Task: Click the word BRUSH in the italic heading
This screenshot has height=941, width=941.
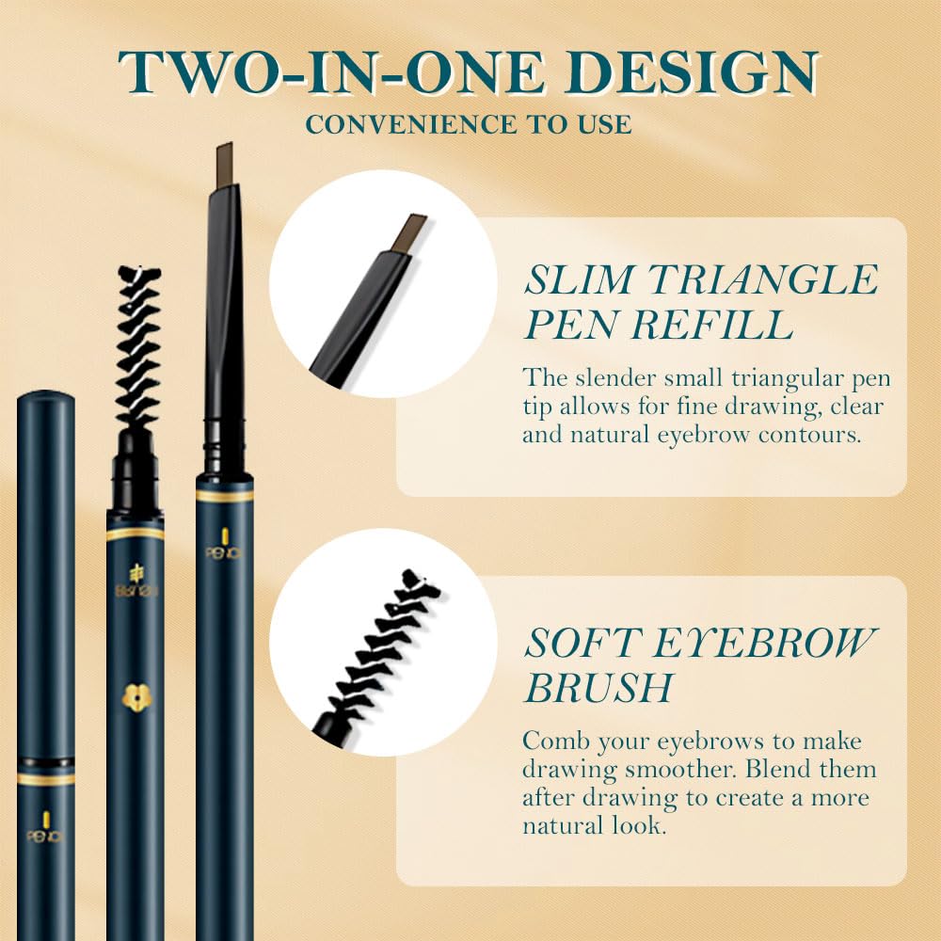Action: point(598,688)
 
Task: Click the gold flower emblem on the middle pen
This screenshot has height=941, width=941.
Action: point(136,697)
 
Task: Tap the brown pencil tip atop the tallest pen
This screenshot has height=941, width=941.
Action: point(224,165)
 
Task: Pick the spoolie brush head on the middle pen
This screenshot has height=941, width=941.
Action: point(137,348)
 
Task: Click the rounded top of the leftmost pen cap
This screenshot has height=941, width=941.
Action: point(46,401)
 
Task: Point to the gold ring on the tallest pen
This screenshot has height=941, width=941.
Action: point(224,495)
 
